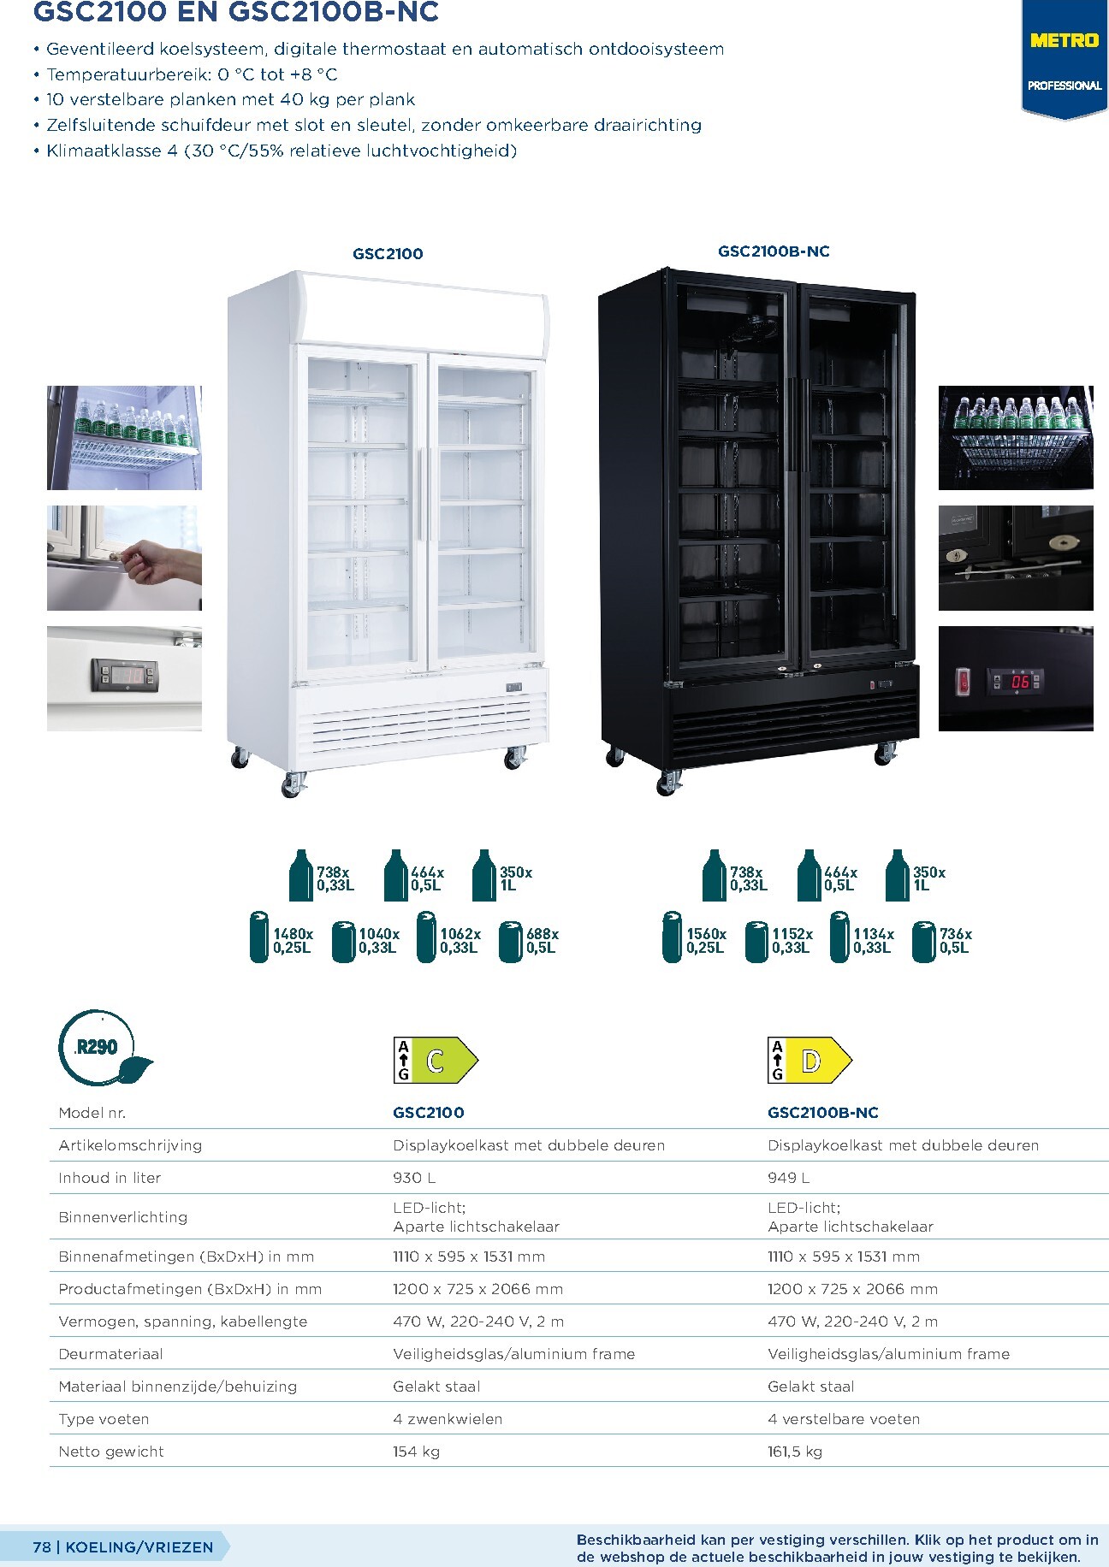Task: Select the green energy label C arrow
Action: pyautogui.click(x=436, y=1061)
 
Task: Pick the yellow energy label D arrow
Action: pyautogui.click(x=810, y=1061)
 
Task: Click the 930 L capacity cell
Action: pyautogui.click(x=414, y=1178)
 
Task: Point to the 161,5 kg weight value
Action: pyautogui.click(x=795, y=1452)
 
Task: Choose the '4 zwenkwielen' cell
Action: pyautogui.click(x=448, y=1419)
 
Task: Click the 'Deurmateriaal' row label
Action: pyautogui.click(x=110, y=1354)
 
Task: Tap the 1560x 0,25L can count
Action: pyautogui.click(x=695, y=940)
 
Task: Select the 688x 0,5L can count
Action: pyautogui.click(x=529, y=940)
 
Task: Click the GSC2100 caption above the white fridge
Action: pyautogui.click(x=388, y=253)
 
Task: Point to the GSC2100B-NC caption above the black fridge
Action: pyautogui.click(x=774, y=251)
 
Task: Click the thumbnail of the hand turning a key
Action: pyautogui.click(x=124, y=558)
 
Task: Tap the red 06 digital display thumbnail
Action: pyautogui.click(x=1016, y=678)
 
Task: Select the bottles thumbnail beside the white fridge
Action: pyautogui.click(x=124, y=437)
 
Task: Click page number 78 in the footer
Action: pyautogui.click(x=42, y=1546)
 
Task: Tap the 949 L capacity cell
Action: pyautogui.click(x=788, y=1178)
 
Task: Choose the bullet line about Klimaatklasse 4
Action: pyautogui.click(x=276, y=151)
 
